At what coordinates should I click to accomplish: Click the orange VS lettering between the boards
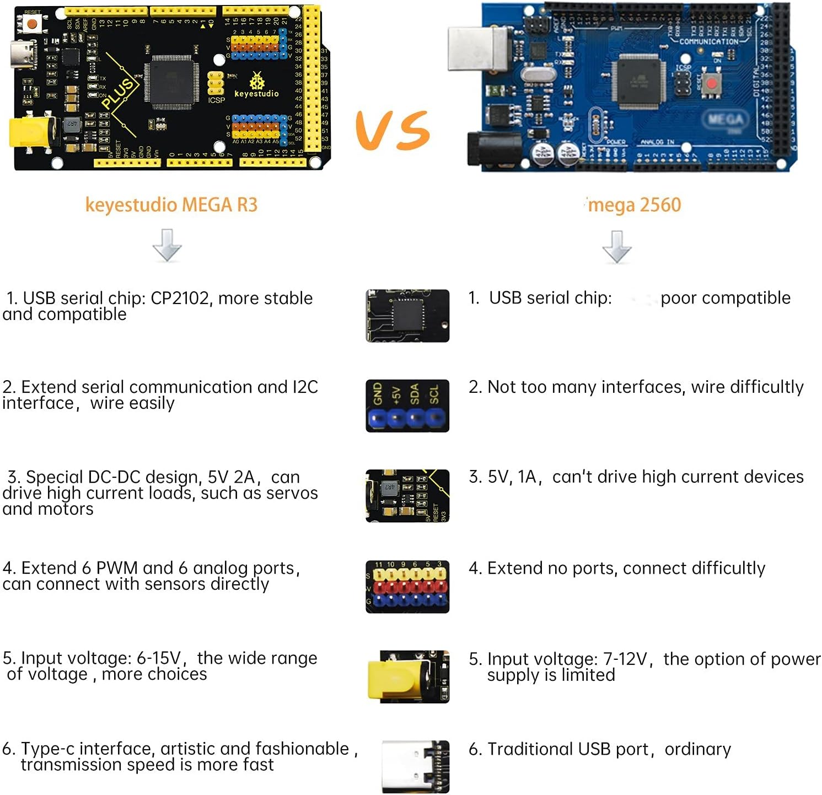[x=393, y=130]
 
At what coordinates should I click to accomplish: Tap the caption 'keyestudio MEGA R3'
[x=171, y=205]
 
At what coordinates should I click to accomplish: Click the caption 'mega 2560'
[x=634, y=205]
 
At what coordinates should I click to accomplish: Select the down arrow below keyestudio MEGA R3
[x=167, y=246]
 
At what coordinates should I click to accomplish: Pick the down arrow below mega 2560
[x=616, y=247]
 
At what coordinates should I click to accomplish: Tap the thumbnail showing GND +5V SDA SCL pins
[x=407, y=405]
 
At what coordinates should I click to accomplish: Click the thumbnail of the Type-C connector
[x=416, y=766]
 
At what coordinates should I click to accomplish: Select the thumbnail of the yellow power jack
[x=408, y=676]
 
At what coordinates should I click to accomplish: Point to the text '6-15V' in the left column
[x=159, y=658]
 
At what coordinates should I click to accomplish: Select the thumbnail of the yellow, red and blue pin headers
[x=407, y=586]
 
